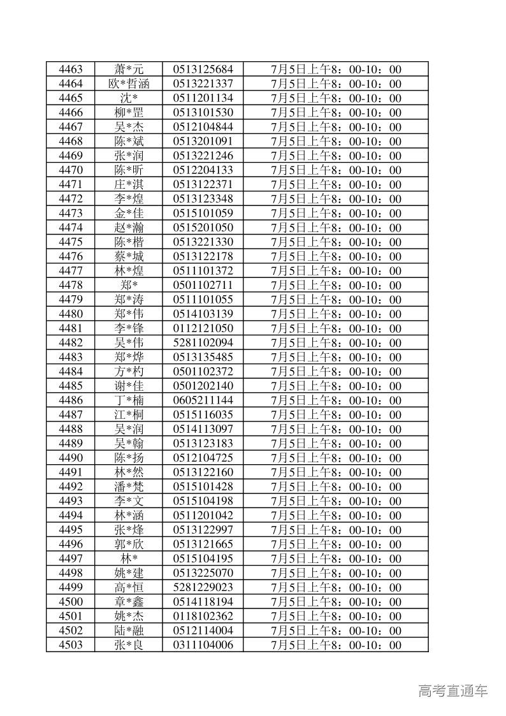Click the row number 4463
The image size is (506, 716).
pos(70,69)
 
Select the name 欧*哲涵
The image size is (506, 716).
pos(129,84)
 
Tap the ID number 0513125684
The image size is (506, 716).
pos(203,69)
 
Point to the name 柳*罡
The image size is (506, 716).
pos(129,113)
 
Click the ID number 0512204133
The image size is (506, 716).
pos(203,170)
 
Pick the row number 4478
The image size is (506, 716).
pos(70,285)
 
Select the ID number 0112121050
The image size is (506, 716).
pos(203,328)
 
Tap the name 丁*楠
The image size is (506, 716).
pos(129,400)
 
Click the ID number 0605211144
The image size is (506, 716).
pos(203,400)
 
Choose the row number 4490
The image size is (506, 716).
pos(70,458)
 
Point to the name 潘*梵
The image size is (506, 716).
pos(129,486)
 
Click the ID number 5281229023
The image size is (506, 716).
pos(203,587)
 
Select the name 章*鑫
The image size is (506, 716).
pos(129,602)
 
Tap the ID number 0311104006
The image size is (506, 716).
pos(203,645)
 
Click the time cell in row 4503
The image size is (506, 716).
pos(336,645)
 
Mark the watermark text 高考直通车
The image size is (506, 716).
pos(453,690)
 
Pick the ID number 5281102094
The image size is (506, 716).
pos(203,343)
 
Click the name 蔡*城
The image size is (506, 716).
pos(129,256)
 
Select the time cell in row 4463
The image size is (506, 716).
pos(336,69)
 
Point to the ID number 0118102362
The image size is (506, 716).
pos(203,616)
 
